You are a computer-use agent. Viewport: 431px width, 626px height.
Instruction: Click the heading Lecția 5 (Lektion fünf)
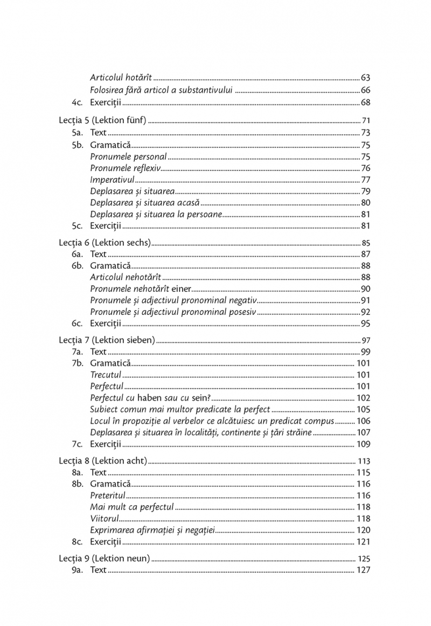pos(102,120)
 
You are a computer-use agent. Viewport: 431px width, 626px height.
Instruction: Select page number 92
pos(365,312)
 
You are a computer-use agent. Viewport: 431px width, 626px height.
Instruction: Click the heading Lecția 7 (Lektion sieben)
pos(107,340)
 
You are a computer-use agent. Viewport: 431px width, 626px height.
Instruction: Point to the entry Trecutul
pos(106,375)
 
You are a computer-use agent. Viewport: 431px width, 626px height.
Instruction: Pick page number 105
pos(363,410)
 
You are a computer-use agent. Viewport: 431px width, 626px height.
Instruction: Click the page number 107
pos(363,432)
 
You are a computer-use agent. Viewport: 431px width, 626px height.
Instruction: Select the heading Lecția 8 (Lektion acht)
pos(102,461)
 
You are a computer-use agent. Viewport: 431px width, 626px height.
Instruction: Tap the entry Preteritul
pos(108,496)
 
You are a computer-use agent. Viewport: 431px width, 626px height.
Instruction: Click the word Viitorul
pos(105,519)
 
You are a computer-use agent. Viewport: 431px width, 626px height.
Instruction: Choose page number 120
pos(363,531)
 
